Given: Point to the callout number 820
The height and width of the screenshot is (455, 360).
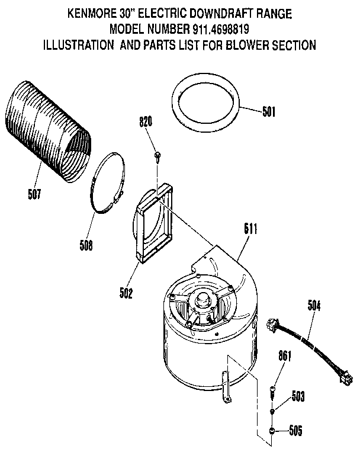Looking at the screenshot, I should pos(146,123).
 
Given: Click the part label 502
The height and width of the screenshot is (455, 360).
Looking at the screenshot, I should pos(126,291).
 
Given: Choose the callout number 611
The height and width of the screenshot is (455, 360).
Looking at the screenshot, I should pos(250,227).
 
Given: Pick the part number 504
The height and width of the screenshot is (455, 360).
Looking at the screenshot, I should pos(316,306).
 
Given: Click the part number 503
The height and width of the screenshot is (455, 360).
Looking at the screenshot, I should pos(297,396).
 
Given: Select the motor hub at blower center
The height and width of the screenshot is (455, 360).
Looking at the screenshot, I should pos(205,299).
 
